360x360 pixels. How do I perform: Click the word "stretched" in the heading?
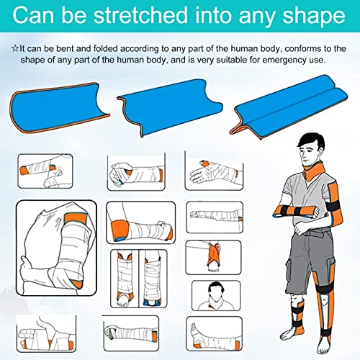tap(140, 15)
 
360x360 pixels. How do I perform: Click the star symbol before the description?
tap(15, 48)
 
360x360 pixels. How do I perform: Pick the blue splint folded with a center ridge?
tap(289, 107)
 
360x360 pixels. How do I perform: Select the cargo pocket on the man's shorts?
tap(330, 266)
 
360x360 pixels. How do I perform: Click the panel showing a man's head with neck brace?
tap(216, 296)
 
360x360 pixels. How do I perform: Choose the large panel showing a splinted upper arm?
tap(56, 248)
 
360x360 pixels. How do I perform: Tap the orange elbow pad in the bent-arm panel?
tap(120, 230)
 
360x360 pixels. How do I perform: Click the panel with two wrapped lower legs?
tap(139, 279)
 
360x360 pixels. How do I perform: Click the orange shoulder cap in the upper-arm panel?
tap(76, 218)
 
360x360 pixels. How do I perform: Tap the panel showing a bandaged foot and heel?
tap(214, 334)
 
